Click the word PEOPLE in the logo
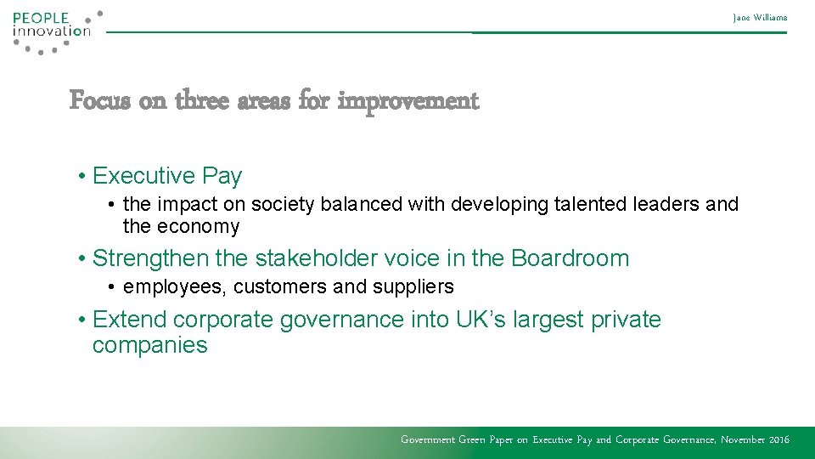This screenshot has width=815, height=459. coord(40,17)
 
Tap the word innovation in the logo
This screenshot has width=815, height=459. coord(51,31)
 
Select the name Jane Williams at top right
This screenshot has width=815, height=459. coord(761,17)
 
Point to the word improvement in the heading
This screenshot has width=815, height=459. coord(408,101)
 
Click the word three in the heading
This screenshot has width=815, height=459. coord(202,101)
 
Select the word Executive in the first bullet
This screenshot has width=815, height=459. coord(143,176)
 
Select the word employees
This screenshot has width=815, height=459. coord(175,287)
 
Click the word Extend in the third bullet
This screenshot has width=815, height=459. coord(129,320)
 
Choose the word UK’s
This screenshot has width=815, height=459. coord(481,320)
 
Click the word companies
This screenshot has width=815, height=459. coord(149,345)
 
